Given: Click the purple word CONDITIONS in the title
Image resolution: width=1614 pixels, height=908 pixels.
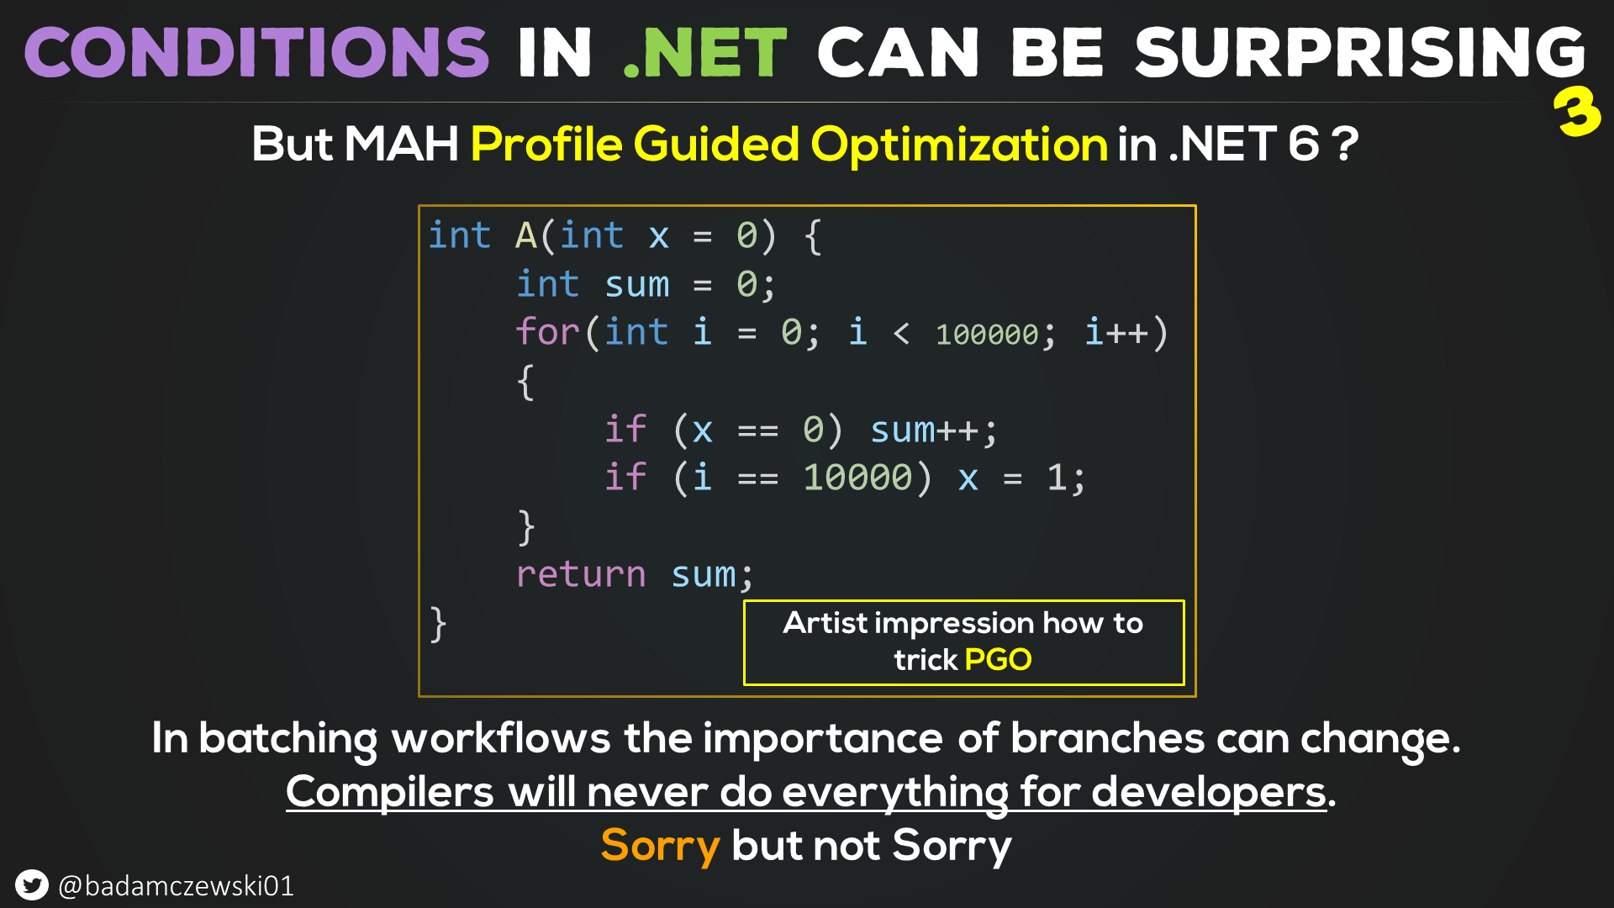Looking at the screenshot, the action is pos(256,52).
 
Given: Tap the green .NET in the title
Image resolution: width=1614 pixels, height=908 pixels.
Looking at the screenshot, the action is pos(704,52).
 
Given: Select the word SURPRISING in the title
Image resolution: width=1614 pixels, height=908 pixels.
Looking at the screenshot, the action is pos(1360,52).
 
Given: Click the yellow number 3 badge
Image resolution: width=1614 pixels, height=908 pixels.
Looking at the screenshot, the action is pos(1577,112).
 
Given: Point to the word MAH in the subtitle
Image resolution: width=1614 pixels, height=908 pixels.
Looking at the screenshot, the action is pos(401,144).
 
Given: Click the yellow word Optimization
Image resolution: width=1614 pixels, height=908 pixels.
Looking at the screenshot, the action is pos(959,145).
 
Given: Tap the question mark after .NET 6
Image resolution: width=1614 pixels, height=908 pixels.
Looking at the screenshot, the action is pos(1345,144).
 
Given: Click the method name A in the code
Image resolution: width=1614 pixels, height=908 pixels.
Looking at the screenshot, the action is pos(526,236).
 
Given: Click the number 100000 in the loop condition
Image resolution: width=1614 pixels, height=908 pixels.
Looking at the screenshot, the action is pos(987,335).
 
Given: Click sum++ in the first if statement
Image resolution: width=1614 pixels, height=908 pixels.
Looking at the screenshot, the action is pos(924,430).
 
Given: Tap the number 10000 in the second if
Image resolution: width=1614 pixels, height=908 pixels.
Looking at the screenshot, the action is pos(857,478).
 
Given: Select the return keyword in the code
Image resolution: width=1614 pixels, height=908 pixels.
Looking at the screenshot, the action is pos(581,575).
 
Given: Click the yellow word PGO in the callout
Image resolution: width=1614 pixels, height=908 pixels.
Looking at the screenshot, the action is pos(998,660).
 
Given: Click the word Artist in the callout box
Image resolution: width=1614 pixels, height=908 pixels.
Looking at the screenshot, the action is pos(825,623).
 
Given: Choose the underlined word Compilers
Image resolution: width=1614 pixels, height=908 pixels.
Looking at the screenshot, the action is pos(390,793).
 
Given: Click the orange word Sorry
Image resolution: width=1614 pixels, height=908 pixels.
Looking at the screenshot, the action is pos(661,847).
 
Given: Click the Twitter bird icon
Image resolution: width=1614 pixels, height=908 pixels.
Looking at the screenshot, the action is pos(32,885).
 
